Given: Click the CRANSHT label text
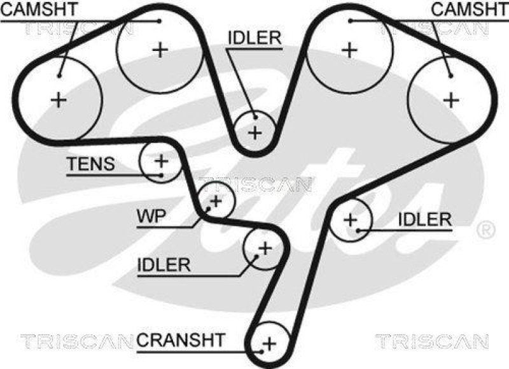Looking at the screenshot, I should click(180, 340).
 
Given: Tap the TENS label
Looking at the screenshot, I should click(91, 164).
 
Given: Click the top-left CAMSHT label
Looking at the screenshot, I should click(39, 9).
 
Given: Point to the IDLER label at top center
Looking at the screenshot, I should click(254, 38).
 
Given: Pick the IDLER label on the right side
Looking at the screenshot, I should click(424, 219).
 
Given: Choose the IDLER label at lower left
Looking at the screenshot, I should click(164, 264).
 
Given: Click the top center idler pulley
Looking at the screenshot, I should click(255, 133).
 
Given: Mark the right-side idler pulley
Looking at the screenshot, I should click(349, 220).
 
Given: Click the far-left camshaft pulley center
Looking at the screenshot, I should click(58, 99).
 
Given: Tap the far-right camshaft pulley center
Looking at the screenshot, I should click(451, 99).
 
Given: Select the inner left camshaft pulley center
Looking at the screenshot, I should click(160, 49).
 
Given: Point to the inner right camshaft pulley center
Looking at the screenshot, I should click(348, 49).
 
